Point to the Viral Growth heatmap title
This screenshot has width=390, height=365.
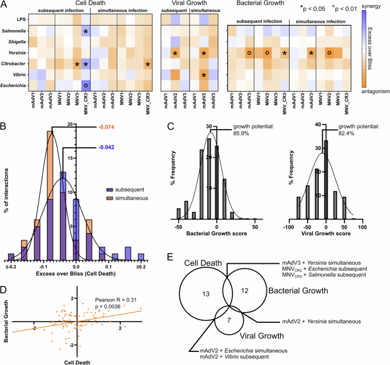point(187,4)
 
